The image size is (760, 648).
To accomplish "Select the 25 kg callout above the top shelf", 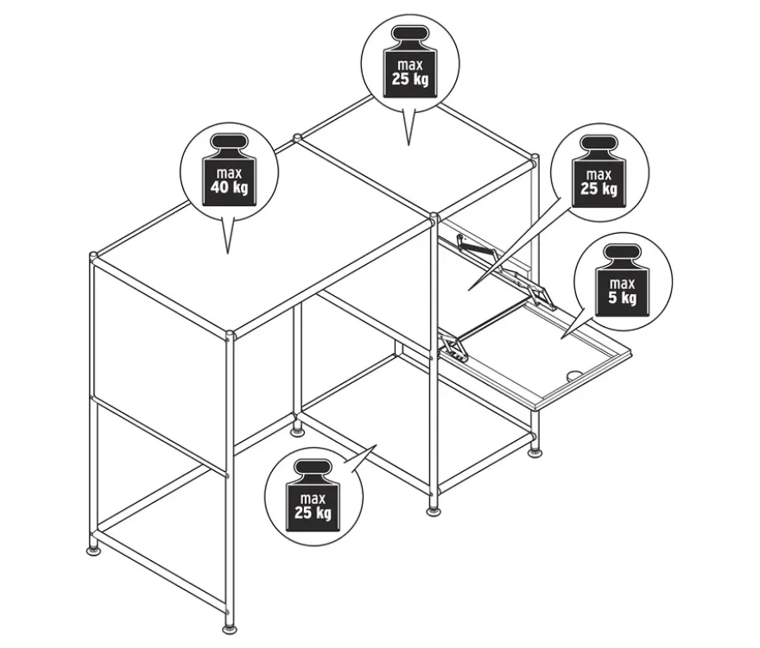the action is [x=410, y=80].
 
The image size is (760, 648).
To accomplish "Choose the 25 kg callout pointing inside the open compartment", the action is [x=599, y=172].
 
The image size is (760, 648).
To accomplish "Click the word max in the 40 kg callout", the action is [x=229, y=173].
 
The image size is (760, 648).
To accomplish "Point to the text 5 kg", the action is [x=623, y=297].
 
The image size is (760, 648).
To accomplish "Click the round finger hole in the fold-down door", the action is [x=575, y=374].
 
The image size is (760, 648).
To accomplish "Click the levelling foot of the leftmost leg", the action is [x=93, y=550].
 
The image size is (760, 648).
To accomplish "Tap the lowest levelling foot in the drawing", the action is [x=230, y=629].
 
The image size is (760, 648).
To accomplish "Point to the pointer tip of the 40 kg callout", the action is [x=227, y=254].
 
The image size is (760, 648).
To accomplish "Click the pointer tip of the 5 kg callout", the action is [x=561, y=338].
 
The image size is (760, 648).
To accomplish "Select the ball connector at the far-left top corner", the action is [x=93, y=255].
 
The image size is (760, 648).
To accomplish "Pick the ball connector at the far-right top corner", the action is [x=535, y=158].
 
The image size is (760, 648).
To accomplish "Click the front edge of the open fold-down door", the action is [x=581, y=381].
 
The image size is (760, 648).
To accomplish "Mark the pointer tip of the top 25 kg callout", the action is [x=408, y=145].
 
